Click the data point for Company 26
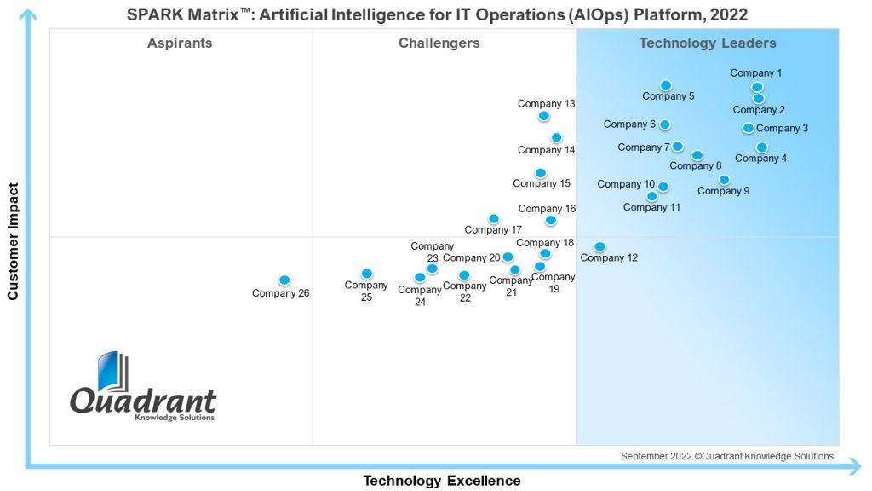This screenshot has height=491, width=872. pyautogui.click(x=284, y=280)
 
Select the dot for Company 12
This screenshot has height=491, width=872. pyautogui.click(x=599, y=246)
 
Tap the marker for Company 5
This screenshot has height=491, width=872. pyautogui.click(x=666, y=86)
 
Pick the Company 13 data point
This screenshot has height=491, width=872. pyautogui.click(x=544, y=116)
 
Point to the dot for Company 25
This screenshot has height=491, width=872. pyautogui.click(x=366, y=274)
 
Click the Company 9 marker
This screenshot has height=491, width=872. pyautogui.click(x=724, y=180)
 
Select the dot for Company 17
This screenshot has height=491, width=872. pyautogui.click(x=494, y=219)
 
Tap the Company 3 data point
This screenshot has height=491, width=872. pyautogui.click(x=749, y=128)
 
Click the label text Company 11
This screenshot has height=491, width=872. pyautogui.click(x=651, y=207)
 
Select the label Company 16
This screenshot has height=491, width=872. pyautogui.click(x=548, y=209)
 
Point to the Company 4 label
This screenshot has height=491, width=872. pyautogui.click(x=760, y=158)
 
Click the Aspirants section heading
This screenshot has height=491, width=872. pyautogui.click(x=180, y=43)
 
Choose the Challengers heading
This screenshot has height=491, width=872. pyautogui.click(x=439, y=43)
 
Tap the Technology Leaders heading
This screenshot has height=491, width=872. pyautogui.click(x=708, y=43)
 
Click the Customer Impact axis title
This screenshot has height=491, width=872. pyautogui.click(x=13, y=241)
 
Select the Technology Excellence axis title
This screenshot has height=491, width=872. pyautogui.click(x=442, y=481)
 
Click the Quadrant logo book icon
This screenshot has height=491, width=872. pyautogui.click(x=113, y=371)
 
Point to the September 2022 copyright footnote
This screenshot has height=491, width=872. pyautogui.click(x=727, y=457)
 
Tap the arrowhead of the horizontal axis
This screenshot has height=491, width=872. pyautogui.click(x=856, y=466)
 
